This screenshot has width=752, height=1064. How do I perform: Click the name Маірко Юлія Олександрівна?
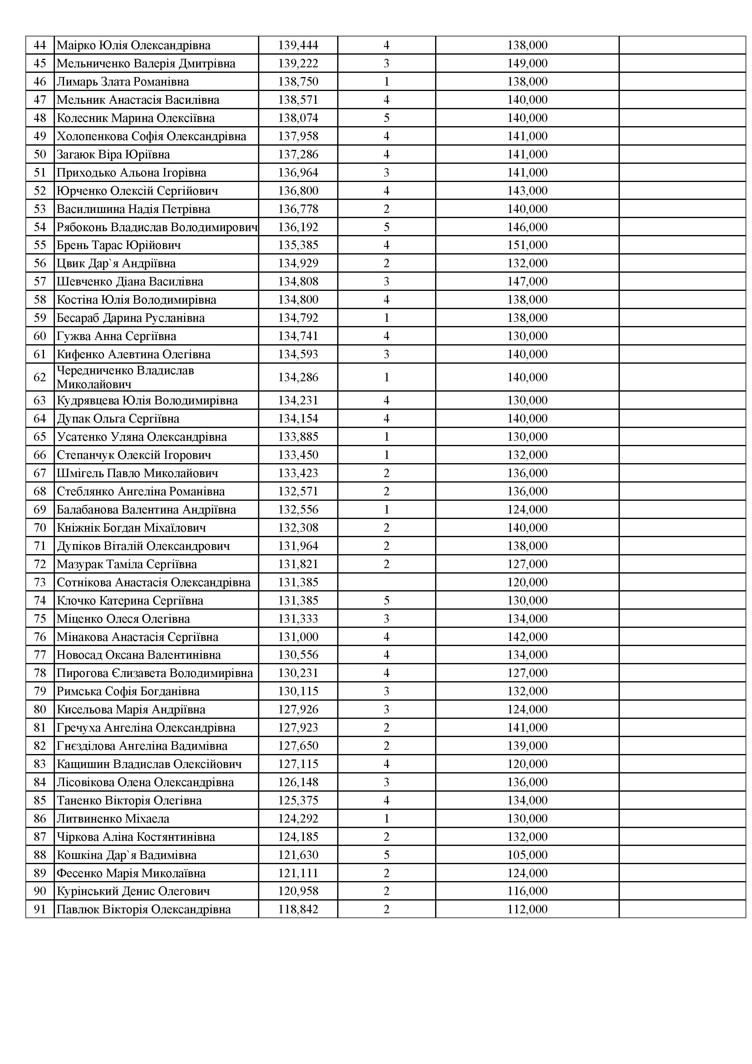click(133, 45)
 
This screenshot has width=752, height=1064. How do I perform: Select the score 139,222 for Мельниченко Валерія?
click(298, 63)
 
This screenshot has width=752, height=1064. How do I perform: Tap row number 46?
click(40, 82)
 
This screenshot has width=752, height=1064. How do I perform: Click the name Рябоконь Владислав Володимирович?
click(156, 227)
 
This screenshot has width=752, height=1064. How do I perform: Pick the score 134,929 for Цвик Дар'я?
click(298, 263)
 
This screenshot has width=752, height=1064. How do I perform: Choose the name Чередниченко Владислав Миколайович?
click(125, 377)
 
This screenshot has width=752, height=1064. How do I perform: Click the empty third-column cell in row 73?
click(386, 583)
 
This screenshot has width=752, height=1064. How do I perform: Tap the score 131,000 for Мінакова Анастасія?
click(298, 637)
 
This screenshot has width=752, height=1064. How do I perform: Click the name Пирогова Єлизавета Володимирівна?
click(155, 673)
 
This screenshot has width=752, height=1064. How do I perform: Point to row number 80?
click(40, 709)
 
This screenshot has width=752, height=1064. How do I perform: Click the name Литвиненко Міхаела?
click(113, 819)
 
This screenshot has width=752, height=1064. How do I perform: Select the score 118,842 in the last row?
click(298, 909)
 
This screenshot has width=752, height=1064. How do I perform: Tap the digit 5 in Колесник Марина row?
click(386, 118)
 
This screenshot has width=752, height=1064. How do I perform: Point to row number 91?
click(40, 909)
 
